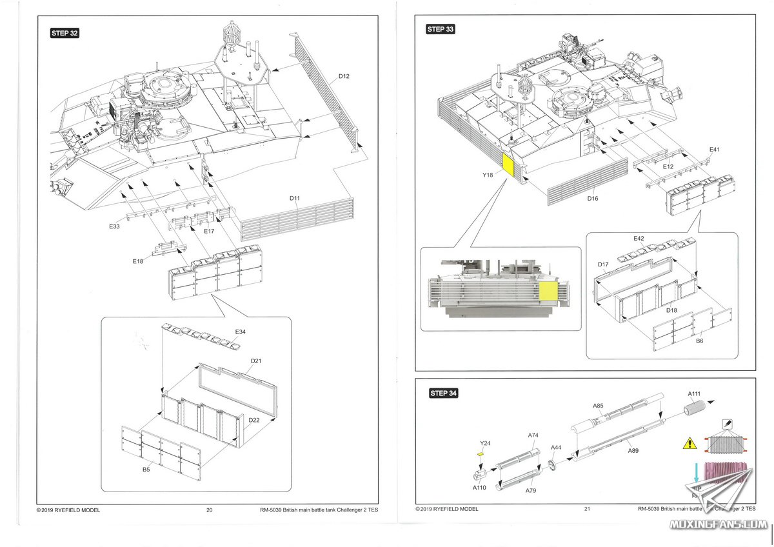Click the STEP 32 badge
click(x=64, y=33)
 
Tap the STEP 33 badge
click(x=441, y=29)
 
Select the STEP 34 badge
click(x=444, y=393)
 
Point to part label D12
click(x=342, y=77)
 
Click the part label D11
click(x=295, y=197)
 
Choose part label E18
click(x=138, y=261)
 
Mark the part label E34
click(x=240, y=332)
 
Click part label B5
click(x=146, y=470)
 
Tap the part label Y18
click(x=488, y=174)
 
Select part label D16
click(x=593, y=198)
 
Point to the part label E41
click(x=714, y=150)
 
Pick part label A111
click(x=694, y=393)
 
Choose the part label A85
click(x=598, y=406)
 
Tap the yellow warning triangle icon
click(x=690, y=443)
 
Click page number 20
click(x=210, y=510)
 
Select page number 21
click(x=587, y=508)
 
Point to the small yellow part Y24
click(x=480, y=454)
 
